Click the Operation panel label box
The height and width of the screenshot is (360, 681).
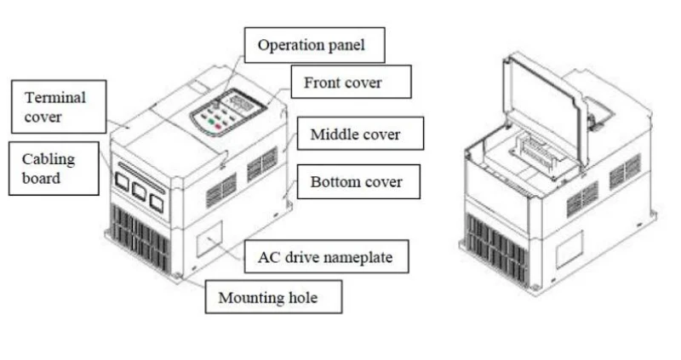pyautogui.click(x=314, y=45)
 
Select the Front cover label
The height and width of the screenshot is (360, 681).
pyautogui.click(x=351, y=82)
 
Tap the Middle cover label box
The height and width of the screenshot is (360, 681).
pyautogui.click(x=360, y=134)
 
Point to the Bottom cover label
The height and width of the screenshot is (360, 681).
pyautogui.click(x=358, y=181)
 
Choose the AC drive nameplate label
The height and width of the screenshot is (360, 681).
pyautogui.click(x=326, y=256)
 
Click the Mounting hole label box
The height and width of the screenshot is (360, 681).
pyautogui.click(x=273, y=297)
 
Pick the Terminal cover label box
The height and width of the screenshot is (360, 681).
pyautogui.click(x=59, y=106)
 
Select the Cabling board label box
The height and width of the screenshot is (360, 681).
pyautogui.click(x=54, y=168)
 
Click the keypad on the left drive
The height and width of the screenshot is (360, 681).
pyautogui.click(x=228, y=113)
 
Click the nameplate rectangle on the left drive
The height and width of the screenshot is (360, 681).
pyautogui.click(x=209, y=239)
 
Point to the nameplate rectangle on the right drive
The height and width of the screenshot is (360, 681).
pyautogui.click(x=569, y=249)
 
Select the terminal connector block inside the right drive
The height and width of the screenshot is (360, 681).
pyautogui.click(x=535, y=152)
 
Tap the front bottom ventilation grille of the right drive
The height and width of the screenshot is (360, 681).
pyautogui.click(x=496, y=248)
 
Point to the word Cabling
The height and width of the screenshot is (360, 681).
pyautogui.click(x=49, y=159)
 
